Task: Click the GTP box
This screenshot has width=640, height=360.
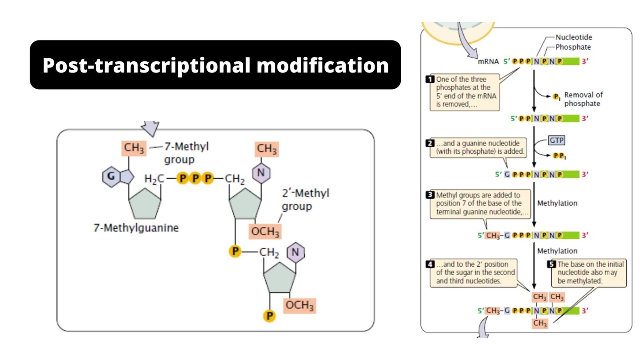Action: (x=556, y=140)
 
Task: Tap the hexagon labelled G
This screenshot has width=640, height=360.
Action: (x=111, y=176)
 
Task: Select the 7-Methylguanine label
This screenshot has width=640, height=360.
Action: (x=136, y=228)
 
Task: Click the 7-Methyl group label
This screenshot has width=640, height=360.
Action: (x=186, y=153)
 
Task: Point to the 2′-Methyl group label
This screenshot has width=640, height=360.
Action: (x=305, y=200)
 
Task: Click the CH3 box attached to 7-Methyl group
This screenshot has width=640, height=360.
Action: (x=134, y=148)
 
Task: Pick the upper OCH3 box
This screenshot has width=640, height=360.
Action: (x=265, y=231)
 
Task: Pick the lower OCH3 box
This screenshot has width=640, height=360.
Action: (x=299, y=305)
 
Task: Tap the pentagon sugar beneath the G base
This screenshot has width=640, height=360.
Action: (x=145, y=204)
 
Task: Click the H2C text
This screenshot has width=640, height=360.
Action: (x=154, y=179)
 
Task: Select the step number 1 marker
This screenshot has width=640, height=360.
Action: (x=430, y=79)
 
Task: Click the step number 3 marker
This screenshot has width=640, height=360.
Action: (x=430, y=195)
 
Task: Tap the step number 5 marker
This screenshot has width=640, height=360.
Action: (x=552, y=264)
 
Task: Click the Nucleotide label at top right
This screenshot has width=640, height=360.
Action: (x=573, y=37)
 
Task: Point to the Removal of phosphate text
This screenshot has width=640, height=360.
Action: (x=583, y=99)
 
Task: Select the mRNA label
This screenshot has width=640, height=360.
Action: (x=488, y=62)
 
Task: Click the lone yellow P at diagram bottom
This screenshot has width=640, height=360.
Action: (x=270, y=316)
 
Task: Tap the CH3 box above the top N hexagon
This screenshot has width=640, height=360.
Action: (x=267, y=149)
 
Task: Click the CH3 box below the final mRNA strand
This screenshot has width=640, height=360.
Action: (x=540, y=323)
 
